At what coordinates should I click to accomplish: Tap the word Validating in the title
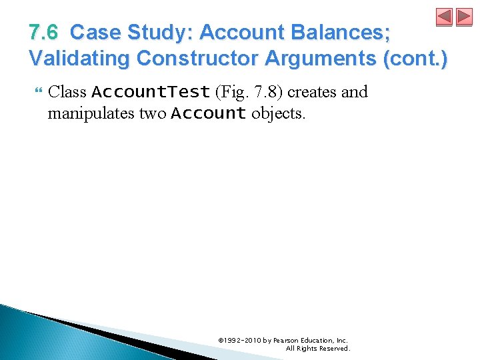pyautogui.click(x=79, y=58)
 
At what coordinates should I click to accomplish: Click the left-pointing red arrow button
pyautogui.click(x=444, y=17)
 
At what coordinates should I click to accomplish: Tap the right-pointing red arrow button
pyautogui.click(x=464, y=17)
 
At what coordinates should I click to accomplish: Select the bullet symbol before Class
pyautogui.click(x=36, y=91)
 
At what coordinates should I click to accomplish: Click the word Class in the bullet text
pyautogui.click(x=67, y=91)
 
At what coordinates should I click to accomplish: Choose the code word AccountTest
pyautogui.click(x=151, y=91)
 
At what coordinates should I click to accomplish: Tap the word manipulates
pyautogui.click(x=91, y=113)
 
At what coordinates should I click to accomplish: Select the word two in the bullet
pyautogui.click(x=152, y=113)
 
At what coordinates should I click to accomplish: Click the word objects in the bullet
pyautogui.click(x=279, y=113)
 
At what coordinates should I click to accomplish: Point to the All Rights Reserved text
pyautogui.click(x=317, y=348)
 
